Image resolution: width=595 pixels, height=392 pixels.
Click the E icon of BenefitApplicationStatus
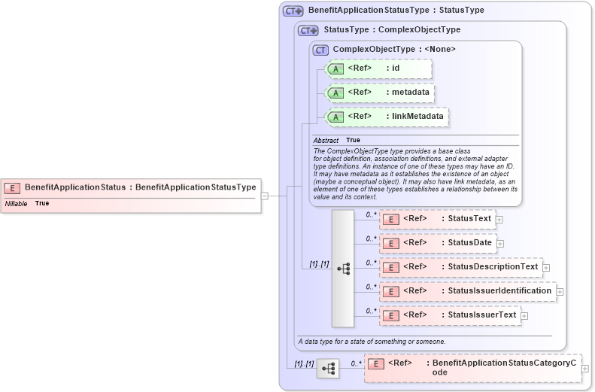[x=12, y=187]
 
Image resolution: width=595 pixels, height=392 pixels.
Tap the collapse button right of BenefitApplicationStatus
[x=264, y=196]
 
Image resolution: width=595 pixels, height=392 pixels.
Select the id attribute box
[x=379, y=68]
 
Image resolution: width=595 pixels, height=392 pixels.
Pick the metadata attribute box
[x=380, y=93]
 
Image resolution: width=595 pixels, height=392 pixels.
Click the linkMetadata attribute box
[x=387, y=117]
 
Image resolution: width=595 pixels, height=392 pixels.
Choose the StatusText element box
[x=437, y=219]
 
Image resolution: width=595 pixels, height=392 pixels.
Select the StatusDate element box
[x=437, y=243]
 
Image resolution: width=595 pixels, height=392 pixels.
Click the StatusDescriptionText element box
[x=460, y=267]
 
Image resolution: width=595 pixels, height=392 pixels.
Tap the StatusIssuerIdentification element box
[x=467, y=291]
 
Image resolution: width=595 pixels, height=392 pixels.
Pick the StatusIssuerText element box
[x=449, y=315]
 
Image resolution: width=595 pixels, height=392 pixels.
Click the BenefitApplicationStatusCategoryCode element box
[x=472, y=368]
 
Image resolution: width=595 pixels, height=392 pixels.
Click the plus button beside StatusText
[x=499, y=220]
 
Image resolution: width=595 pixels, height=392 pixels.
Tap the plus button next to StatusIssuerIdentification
[x=560, y=291]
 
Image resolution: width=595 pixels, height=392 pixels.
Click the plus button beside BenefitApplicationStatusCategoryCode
[x=585, y=369]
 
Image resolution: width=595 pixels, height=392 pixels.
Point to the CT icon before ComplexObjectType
[x=320, y=50]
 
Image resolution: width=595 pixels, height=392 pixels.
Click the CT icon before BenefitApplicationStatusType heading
[x=292, y=11]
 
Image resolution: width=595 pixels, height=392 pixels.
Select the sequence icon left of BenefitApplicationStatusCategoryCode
[x=328, y=369]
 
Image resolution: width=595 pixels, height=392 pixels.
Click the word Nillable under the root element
[x=17, y=204]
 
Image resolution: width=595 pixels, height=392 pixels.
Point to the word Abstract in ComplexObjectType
[x=326, y=141]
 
